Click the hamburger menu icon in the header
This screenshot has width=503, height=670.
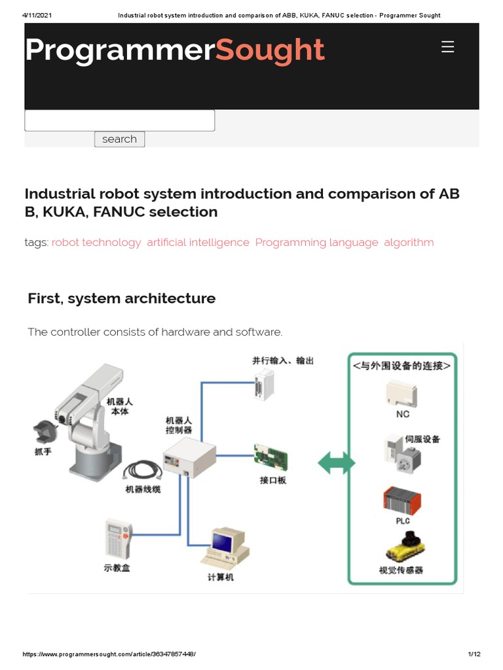pos(448,47)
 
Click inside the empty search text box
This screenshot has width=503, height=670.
pos(120,120)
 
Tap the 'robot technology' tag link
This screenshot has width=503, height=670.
pos(96,242)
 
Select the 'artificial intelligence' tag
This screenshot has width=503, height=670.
pos(198,242)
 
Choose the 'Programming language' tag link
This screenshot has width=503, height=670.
pos(316,242)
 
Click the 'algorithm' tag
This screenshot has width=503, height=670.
pos(409,242)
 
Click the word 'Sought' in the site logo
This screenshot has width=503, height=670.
pos(270,50)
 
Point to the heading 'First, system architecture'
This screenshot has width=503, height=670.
pos(122,298)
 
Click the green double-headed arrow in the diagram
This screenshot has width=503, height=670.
pos(336,464)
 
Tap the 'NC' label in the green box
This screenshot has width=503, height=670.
pos(403,414)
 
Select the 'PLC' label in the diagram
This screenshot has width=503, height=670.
pos(403,521)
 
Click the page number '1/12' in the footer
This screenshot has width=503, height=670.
pos(474,654)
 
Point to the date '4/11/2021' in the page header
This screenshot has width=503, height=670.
pos(37,15)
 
